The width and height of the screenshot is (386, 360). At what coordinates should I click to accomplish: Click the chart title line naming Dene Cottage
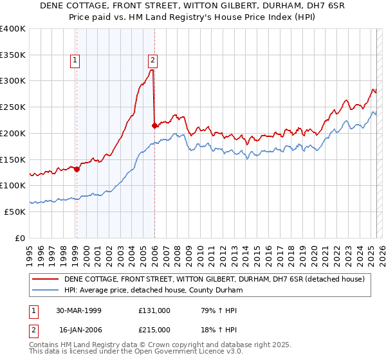pyautogui.click(x=193, y=6)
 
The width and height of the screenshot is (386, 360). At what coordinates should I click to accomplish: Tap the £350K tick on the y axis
pyautogui.click(x=13, y=55)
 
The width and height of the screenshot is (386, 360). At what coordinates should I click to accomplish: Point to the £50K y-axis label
pyautogui.click(x=15, y=212)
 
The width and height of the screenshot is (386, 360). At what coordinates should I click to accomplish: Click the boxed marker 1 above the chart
pyautogui.click(x=75, y=61)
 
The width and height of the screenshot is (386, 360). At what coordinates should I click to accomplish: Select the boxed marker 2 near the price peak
pyautogui.click(x=153, y=61)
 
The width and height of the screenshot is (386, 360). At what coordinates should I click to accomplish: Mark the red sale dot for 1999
pyautogui.click(x=77, y=170)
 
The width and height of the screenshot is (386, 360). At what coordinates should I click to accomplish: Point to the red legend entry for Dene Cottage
pyautogui.click(x=214, y=279)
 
